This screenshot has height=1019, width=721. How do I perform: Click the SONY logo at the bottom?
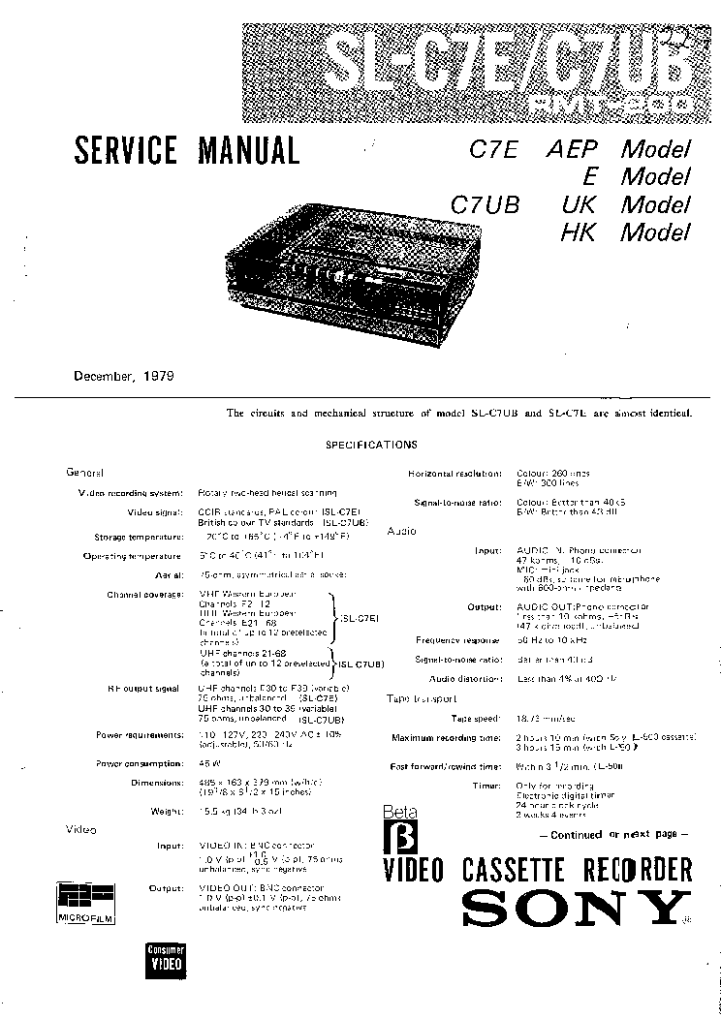coord(570,908)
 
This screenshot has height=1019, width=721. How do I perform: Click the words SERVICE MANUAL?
coord(187,150)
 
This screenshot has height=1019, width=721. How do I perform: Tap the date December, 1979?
coord(124,376)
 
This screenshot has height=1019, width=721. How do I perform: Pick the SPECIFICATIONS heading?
coord(371,445)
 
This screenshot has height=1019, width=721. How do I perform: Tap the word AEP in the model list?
coord(573,149)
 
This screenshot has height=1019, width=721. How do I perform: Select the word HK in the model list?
coord(577,232)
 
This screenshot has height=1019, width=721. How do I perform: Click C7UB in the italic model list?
coord(486,204)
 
